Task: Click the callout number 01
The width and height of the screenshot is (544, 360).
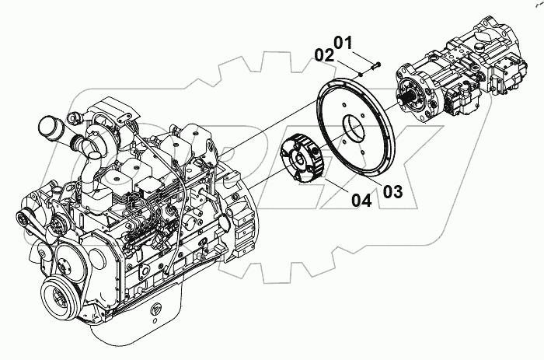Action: [343, 42]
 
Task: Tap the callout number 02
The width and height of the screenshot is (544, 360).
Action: [324, 55]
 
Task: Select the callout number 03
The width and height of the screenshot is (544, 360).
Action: [392, 191]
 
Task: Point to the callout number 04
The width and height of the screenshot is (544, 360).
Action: [361, 200]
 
